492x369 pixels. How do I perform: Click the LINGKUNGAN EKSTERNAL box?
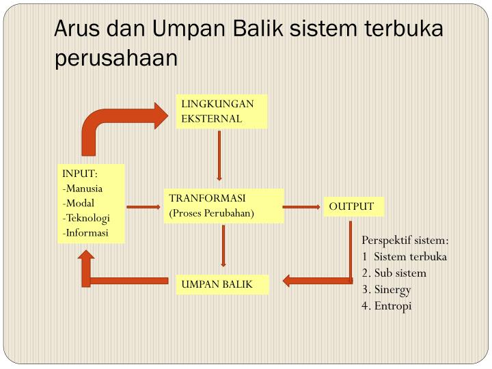[x=220, y=111]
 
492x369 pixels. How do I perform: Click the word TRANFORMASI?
[x=207, y=198]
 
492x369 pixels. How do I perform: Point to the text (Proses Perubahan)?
[x=211, y=213]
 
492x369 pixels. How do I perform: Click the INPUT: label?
[x=80, y=174]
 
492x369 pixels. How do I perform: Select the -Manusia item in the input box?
[x=83, y=189]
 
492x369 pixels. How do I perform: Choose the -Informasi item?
[x=85, y=232]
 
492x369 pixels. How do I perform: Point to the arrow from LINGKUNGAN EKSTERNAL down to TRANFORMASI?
[x=219, y=155]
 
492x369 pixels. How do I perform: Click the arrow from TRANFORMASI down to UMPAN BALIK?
[x=223, y=245]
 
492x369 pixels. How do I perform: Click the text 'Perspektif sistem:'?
[x=405, y=241]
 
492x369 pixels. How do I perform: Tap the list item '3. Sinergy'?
[x=387, y=289]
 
